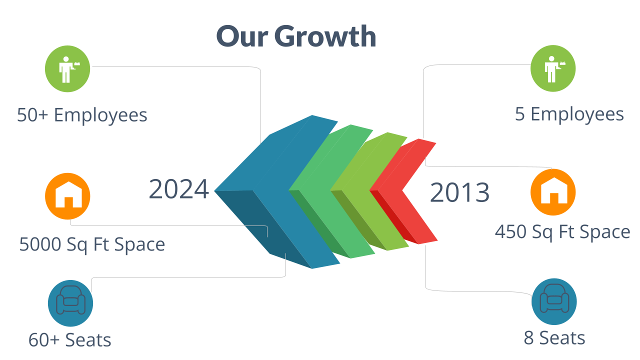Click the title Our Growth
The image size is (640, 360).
point(296,36)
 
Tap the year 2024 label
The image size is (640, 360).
point(179,189)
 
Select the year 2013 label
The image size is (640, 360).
point(459,192)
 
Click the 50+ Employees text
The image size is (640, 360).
point(82,115)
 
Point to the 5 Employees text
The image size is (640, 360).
point(569,114)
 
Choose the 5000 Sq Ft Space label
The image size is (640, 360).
point(92,244)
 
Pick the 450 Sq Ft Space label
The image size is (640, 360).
point(562,231)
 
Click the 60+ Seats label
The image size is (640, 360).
point(69,340)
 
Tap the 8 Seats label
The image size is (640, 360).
point(554,338)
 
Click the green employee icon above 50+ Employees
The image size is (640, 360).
point(67,69)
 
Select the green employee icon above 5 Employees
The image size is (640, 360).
point(553,68)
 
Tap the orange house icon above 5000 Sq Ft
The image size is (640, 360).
point(67,196)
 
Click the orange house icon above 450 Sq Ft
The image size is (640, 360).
point(553,192)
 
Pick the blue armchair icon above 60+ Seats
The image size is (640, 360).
point(70,303)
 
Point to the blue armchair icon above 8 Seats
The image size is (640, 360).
point(554,301)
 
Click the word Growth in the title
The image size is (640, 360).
point(325,36)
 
